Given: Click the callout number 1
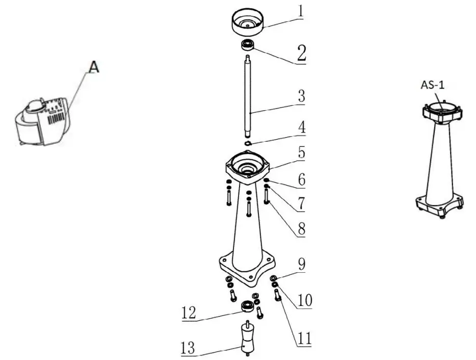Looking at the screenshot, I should pos(301,11).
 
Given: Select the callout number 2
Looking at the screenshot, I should pos(301,53).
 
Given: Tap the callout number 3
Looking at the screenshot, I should pos(301,95).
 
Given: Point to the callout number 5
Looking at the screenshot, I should pos(301,152).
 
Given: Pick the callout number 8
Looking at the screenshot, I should pos(301,229).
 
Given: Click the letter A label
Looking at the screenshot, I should pos(93,67).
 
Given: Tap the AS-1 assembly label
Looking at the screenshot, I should pos(433,85).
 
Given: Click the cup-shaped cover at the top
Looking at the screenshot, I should pos(247,23).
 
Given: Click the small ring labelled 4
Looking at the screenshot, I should pos(248,143).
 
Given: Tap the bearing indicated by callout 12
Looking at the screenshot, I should pos(247,306).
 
